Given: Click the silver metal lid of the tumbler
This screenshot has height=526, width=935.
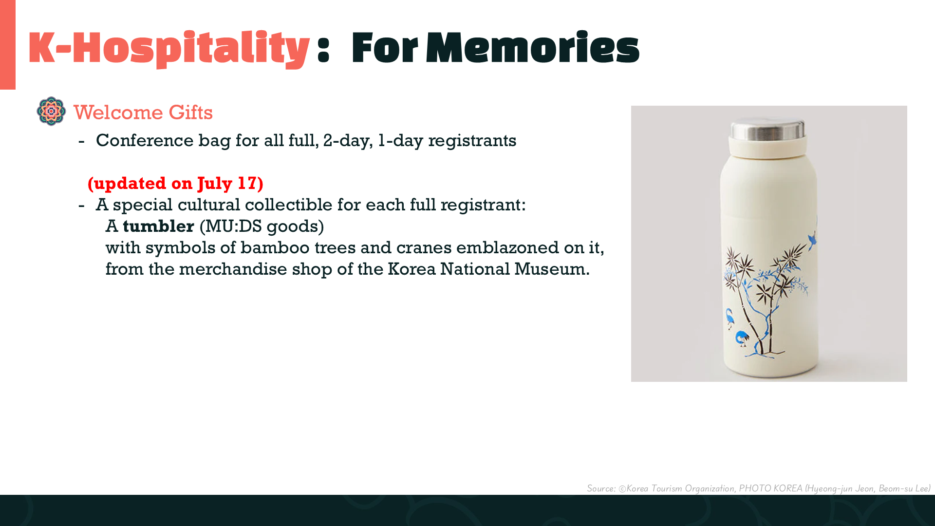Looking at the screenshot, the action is [767, 129].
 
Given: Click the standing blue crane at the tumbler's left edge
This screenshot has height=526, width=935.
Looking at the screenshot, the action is [729, 319].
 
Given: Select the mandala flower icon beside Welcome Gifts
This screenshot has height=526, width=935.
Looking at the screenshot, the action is [51, 111].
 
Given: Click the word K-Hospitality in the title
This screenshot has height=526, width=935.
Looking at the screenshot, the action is [169, 48].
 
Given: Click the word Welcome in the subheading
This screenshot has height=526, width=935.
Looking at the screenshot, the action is [118, 113].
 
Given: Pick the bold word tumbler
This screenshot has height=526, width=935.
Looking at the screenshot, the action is [158, 226].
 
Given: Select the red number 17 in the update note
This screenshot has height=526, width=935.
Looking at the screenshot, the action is [247, 183].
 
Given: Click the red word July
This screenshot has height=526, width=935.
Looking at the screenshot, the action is [215, 184].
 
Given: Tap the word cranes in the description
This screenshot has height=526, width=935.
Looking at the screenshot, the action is [424, 248].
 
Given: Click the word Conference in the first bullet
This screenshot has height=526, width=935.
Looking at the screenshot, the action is [145, 140].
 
